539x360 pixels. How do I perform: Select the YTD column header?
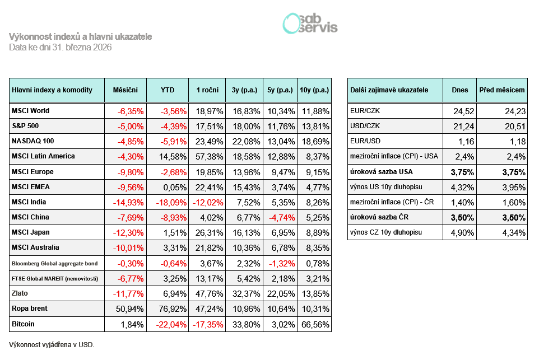(167, 90)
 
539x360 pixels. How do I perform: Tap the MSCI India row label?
(29, 202)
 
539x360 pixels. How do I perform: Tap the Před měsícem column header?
(502, 90)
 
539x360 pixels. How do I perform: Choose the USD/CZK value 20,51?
(514, 126)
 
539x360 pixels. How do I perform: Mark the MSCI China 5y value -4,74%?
(280, 217)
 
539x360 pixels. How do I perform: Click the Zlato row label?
(20, 293)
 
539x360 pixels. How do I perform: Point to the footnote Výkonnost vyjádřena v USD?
(52, 344)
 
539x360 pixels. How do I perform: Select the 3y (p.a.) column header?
(244, 90)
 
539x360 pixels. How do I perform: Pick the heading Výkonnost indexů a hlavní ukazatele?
(81, 36)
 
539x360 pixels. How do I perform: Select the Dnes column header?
(460, 90)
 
